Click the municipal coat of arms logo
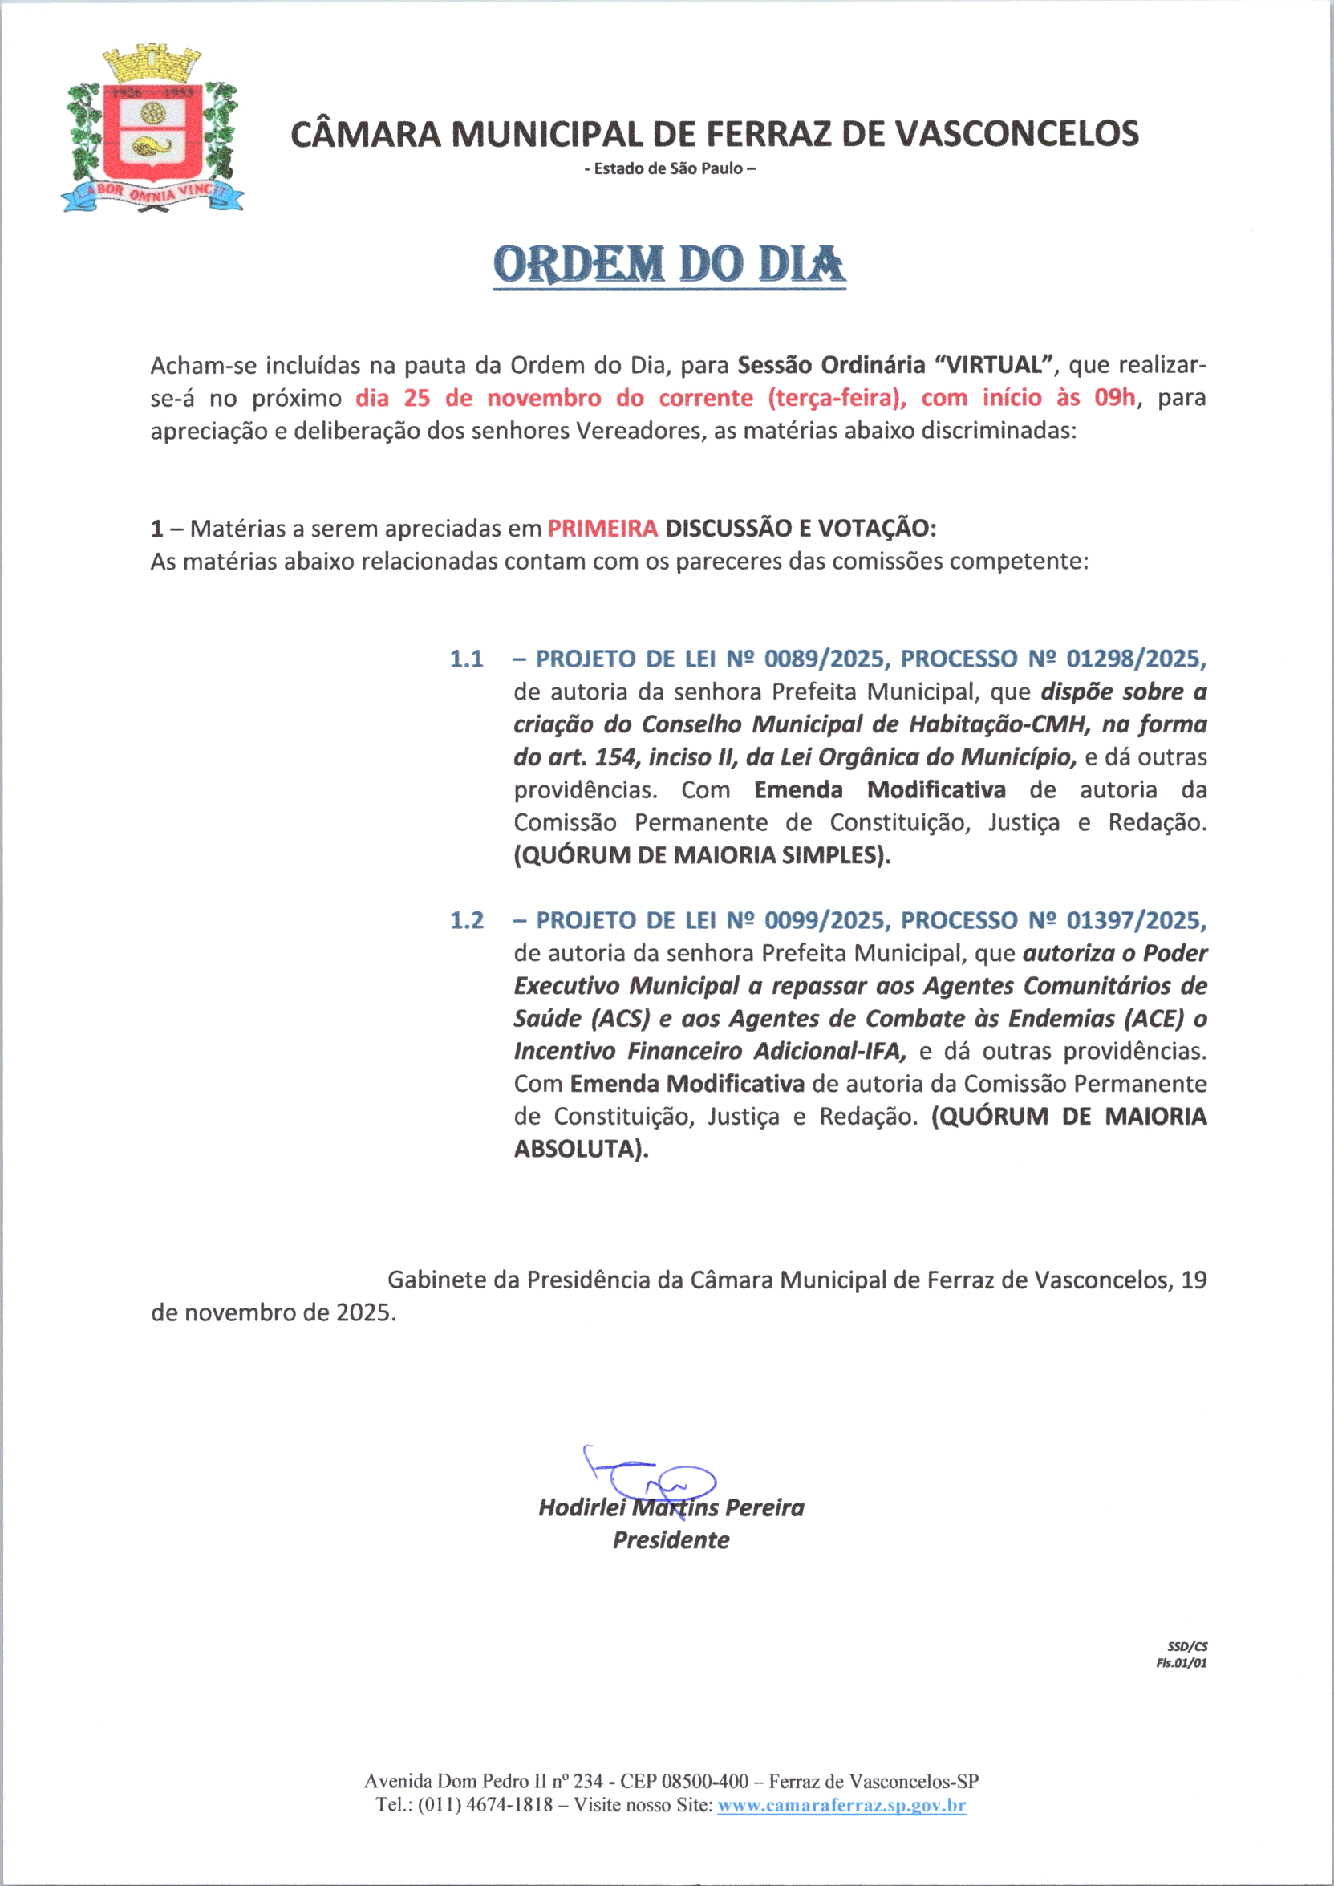152,132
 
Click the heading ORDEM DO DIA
670,265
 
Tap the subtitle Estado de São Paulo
670,169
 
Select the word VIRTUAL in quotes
994,365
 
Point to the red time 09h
1114,398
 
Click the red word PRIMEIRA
602,528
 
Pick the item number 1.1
467,659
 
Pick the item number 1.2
467,920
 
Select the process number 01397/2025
1136,920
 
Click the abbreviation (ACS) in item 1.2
620,1019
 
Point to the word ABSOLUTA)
581,1150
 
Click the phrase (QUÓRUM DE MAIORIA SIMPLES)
703,855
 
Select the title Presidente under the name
671,1540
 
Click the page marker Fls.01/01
1182,1664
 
